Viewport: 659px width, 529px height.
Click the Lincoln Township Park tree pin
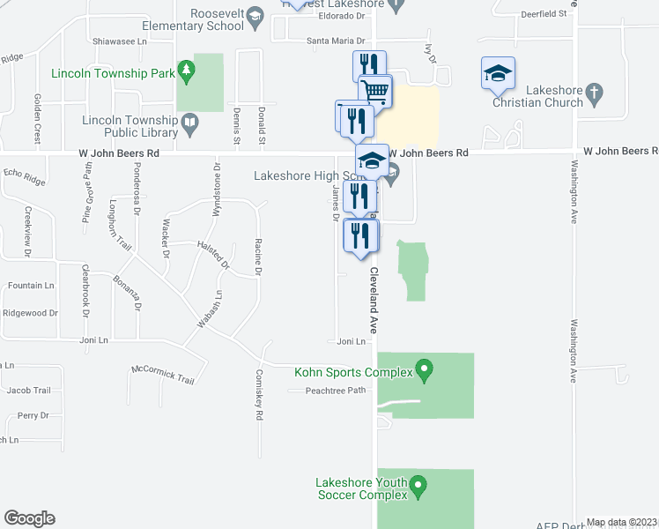(x=185, y=69)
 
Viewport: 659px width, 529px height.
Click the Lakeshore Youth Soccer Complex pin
(x=418, y=485)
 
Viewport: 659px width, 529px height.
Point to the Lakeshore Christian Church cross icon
(x=595, y=91)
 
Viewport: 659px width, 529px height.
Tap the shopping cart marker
(x=375, y=90)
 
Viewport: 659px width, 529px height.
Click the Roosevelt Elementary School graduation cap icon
(x=255, y=16)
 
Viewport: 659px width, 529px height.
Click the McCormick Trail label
(x=162, y=374)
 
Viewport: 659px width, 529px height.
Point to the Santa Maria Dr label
(x=335, y=41)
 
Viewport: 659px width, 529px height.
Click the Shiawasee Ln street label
(x=119, y=41)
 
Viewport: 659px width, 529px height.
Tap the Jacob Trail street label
(x=28, y=390)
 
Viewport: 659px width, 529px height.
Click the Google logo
(x=29, y=518)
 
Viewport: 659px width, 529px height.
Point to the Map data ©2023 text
(x=621, y=522)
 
